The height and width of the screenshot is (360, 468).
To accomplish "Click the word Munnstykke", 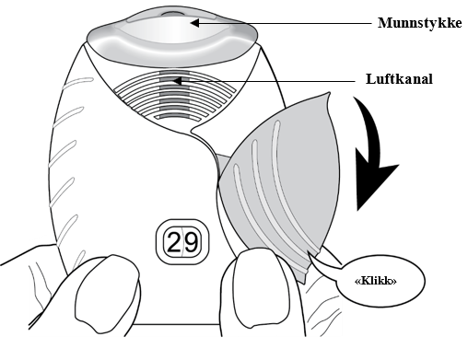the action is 419,23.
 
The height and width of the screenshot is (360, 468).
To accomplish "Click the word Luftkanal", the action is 399,79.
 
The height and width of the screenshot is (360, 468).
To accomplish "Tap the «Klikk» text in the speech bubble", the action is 376,281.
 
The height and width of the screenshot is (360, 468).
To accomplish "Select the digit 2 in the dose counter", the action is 174,242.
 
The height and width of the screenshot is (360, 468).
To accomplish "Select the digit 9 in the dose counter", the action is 192,242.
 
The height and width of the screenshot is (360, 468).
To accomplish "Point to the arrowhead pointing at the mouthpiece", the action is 194,23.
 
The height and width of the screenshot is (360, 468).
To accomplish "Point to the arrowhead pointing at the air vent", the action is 177,81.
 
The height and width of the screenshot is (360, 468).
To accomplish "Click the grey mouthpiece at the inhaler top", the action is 172,39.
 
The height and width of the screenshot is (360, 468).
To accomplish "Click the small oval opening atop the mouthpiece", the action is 172,14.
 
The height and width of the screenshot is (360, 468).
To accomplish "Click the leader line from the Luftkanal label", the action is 268,82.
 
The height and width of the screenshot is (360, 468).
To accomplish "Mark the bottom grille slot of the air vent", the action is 178,117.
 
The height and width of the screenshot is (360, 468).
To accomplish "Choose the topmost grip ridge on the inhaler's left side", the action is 78,84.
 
